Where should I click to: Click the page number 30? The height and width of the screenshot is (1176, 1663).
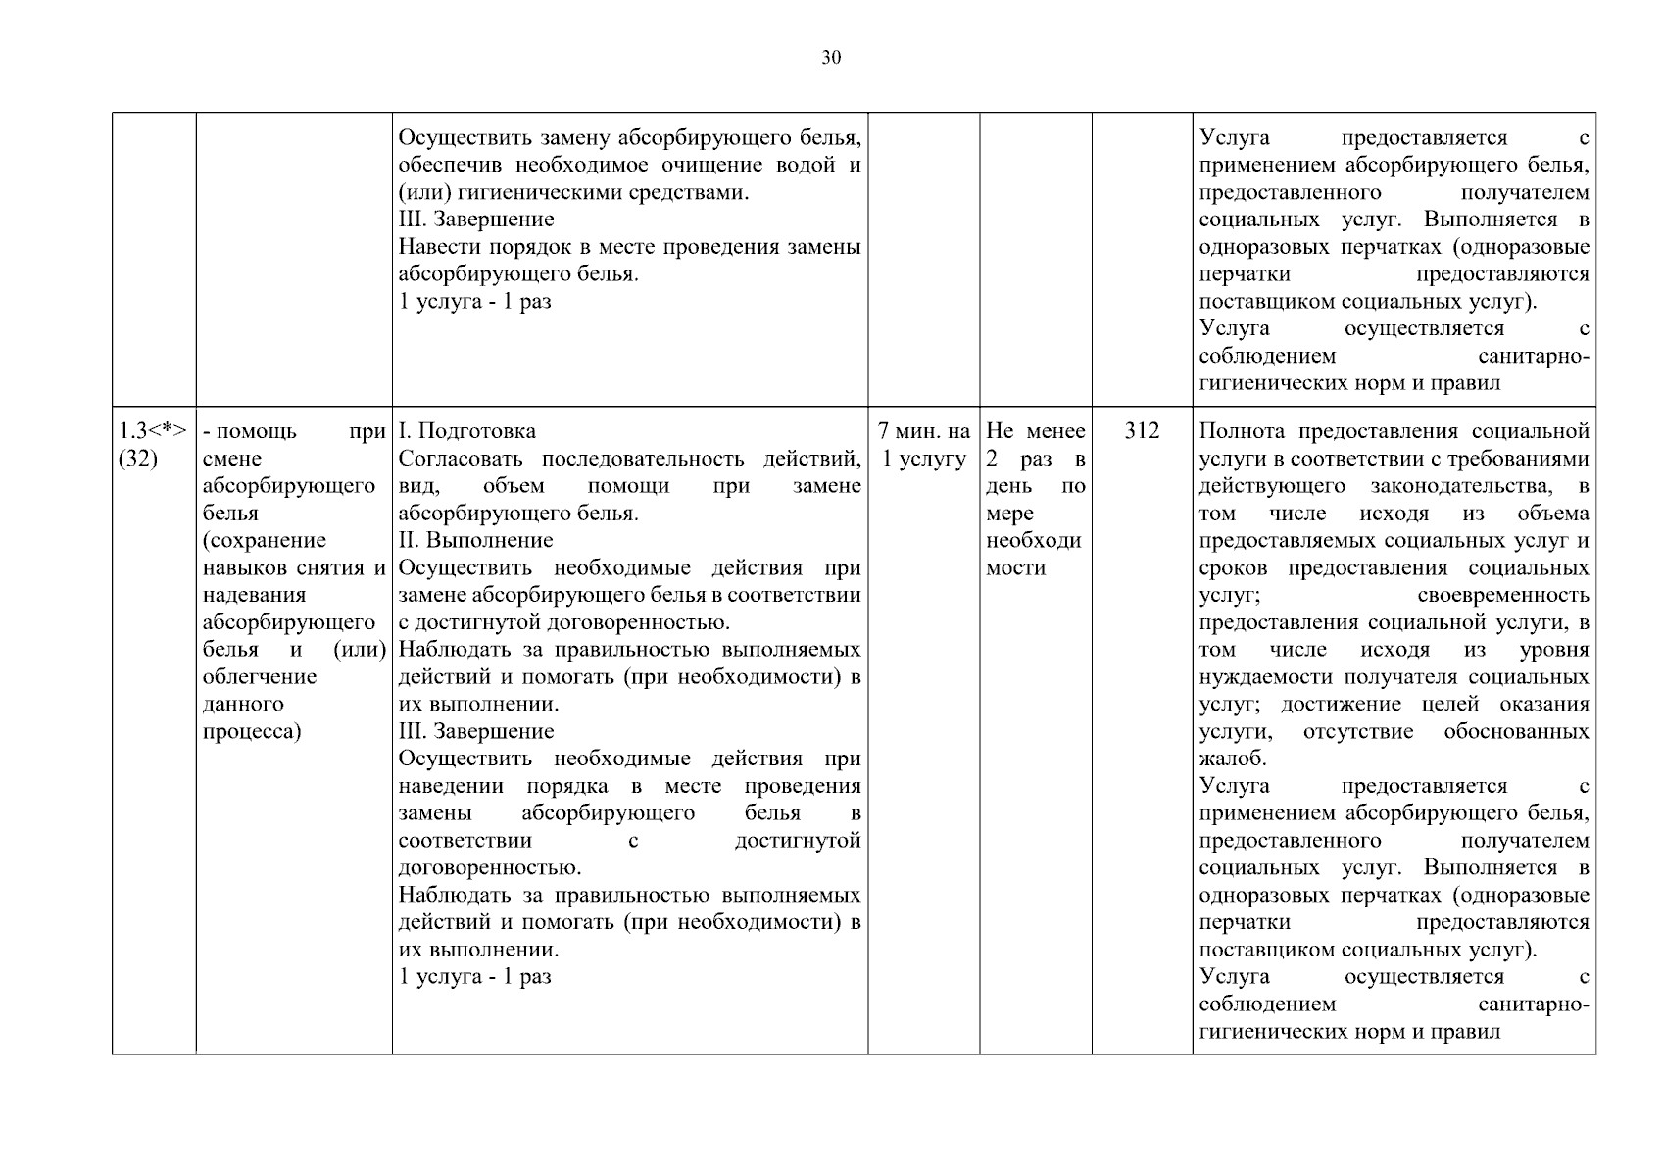(831, 58)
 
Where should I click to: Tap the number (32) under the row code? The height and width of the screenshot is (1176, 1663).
(138, 459)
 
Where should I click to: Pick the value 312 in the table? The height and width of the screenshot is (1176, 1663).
(1142, 431)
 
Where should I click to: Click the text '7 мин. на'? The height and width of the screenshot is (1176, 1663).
(924, 431)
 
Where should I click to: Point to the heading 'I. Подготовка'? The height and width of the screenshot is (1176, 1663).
(467, 431)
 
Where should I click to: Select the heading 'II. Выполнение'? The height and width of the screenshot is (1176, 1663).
(476, 540)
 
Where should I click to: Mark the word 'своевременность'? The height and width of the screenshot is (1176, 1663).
(1502, 595)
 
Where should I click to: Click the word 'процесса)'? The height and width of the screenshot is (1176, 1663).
(252, 731)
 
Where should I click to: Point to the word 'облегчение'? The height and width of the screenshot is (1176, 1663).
(260, 676)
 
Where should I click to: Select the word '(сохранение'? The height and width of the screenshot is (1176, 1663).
(265, 540)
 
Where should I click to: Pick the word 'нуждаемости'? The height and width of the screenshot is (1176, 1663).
(1253, 676)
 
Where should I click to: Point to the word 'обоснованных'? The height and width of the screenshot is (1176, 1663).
(1516, 731)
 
